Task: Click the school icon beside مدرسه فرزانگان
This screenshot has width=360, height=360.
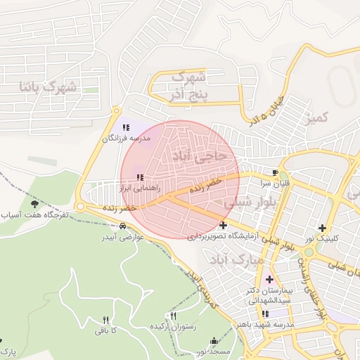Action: click(x=126, y=127)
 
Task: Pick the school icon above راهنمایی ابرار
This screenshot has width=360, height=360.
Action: click(x=139, y=177)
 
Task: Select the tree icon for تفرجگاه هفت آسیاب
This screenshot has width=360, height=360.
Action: click(x=34, y=204)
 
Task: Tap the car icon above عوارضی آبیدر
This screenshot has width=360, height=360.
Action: click(x=123, y=226)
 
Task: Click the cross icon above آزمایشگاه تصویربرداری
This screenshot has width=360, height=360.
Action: click(x=224, y=226)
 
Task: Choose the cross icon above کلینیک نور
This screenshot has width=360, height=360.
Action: click(x=322, y=227)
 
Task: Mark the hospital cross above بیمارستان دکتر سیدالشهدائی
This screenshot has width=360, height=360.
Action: click(x=269, y=279)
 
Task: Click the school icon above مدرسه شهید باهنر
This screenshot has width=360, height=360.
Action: click(x=265, y=314)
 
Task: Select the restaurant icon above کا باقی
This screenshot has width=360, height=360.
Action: click(x=105, y=319)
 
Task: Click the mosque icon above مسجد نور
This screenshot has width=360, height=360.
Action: click(x=213, y=341)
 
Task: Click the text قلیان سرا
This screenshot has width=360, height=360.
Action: click(x=276, y=183)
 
